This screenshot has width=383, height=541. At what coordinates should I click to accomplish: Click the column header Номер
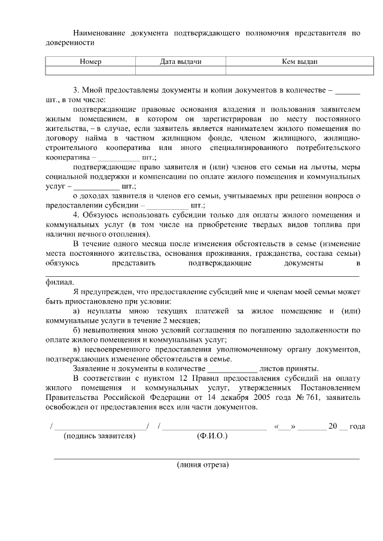tap(90, 62)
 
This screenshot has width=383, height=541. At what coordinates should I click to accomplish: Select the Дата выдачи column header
tap(181, 62)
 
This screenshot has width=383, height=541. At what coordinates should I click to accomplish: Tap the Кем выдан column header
tap(299, 62)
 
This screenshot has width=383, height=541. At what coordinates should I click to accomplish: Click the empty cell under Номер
tap(90, 71)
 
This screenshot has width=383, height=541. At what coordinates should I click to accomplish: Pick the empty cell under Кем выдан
tap(299, 71)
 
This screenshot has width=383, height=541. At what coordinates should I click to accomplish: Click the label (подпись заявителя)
tap(99, 436)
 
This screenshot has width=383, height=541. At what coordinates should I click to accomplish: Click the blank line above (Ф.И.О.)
tap(215, 427)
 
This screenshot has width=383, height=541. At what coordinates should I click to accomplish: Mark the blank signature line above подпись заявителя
tap(101, 427)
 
